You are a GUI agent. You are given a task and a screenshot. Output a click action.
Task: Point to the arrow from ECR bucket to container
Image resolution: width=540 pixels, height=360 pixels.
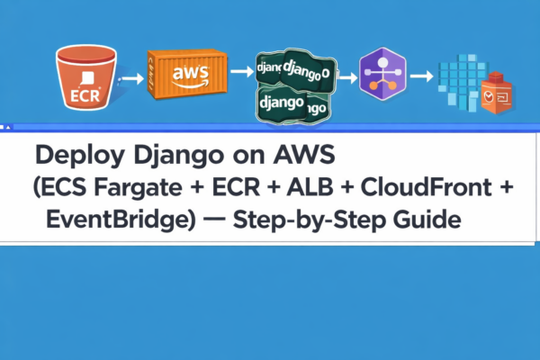(131, 78)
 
